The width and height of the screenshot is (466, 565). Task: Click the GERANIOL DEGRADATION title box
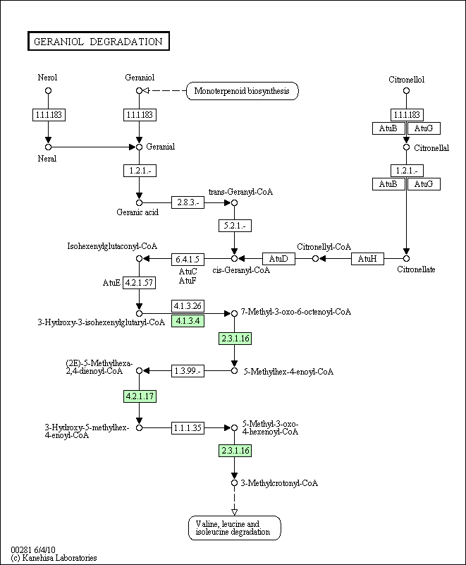(x=98, y=42)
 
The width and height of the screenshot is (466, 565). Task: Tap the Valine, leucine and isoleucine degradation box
(x=234, y=528)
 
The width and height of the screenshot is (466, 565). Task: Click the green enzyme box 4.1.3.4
(x=188, y=322)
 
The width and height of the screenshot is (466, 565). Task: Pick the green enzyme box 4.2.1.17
(x=139, y=396)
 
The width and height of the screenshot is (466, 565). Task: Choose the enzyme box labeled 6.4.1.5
(x=188, y=259)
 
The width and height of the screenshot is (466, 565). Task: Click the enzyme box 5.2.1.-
(x=235, y=226)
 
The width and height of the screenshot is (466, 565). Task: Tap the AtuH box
(x=367, y=259)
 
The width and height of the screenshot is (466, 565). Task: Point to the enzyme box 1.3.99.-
(x=188, y=370)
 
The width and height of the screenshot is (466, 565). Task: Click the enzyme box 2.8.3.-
(x=188, y=202)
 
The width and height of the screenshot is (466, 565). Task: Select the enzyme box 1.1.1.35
(x=188, y=427)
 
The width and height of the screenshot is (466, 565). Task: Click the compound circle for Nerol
(x=48, y=91)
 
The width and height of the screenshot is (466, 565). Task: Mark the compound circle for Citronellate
(x=406, y=259)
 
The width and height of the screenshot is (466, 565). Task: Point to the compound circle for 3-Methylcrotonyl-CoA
(x=235, y=483)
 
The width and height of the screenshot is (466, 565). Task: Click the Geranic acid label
(x=137, y=212)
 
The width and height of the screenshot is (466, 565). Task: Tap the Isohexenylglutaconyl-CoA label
(x=112, y=246)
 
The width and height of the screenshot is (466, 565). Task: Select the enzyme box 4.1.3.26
(x=188, y=306)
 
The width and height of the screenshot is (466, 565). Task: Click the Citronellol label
(x=406, y=80)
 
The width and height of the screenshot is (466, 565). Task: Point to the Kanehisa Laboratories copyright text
(x=54, y=558)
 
